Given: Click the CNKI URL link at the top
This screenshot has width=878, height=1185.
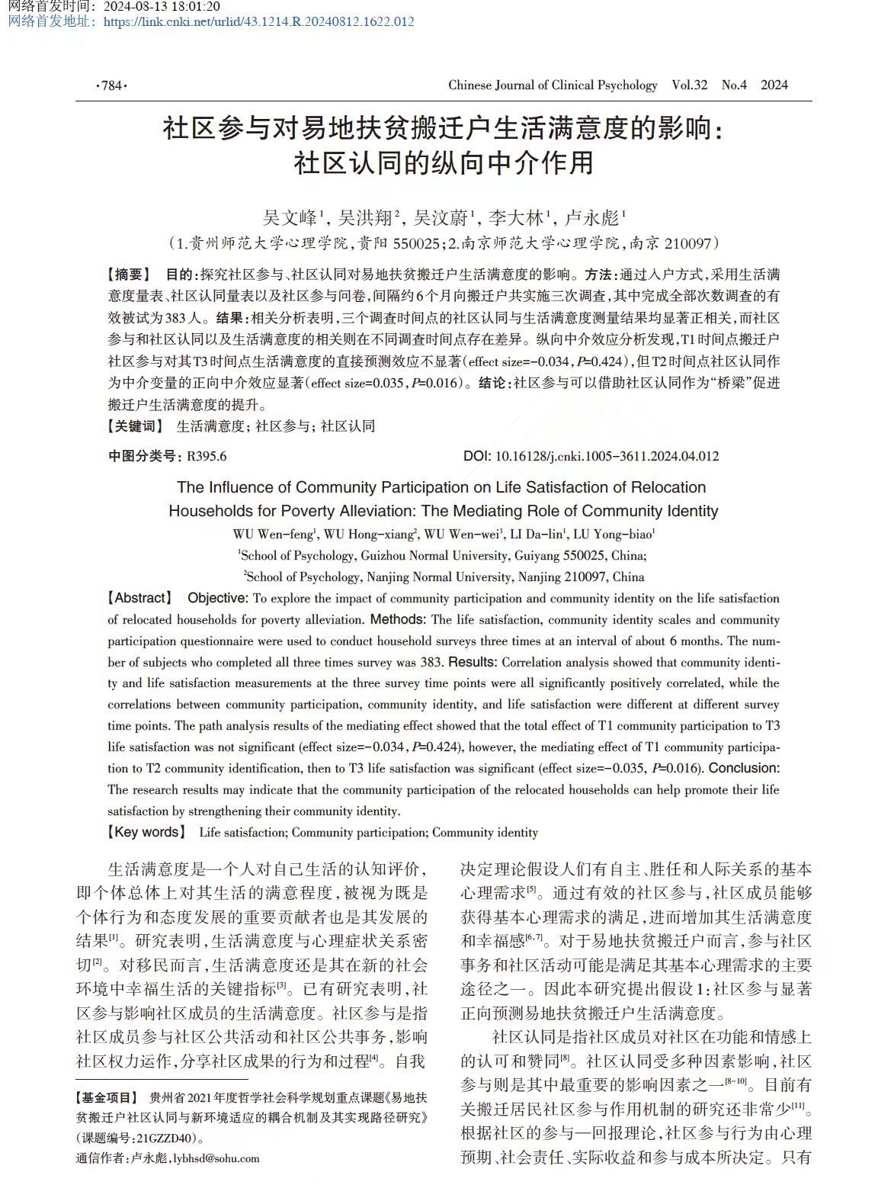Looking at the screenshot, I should pyautogui.click(x=258, y=21).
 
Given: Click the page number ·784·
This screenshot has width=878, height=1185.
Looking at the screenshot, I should pyautogui.click(x=111, y=85).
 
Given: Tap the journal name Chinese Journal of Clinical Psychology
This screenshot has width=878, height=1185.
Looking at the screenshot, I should pyautogui.click(x=552, y=85).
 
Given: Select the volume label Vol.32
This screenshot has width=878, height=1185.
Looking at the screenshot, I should pyautogui.click(x=689, y=85).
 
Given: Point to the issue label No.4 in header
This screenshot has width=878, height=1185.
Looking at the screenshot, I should pyautogui.click(x=734, y=85).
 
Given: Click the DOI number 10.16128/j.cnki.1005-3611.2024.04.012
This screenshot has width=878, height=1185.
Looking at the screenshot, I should pyautogui.click(x=607, y=457).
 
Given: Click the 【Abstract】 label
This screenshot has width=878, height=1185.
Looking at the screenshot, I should pyautogui.click(x=140, y=599).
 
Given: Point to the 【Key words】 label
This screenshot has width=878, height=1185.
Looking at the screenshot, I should pyautogui.click(x=146, y=833).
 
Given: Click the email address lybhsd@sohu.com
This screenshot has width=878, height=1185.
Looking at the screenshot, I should pyautogui.click(x=216, y=1158).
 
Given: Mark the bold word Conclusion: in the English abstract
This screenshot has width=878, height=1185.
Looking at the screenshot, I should pyautogui.click(x=744, y=769).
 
